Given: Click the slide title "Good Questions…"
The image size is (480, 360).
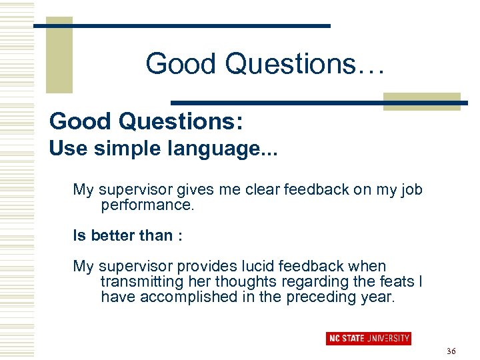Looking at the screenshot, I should [x=265, y=64].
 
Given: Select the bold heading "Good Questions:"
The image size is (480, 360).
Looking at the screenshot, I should [x=146, y=121].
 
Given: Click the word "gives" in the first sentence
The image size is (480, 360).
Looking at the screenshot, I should [x=195, y=190].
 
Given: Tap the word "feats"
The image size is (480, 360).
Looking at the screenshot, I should [x=395, y=282].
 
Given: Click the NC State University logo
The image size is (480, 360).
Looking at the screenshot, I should [x=368, y=338].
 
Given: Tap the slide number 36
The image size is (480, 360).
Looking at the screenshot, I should [x=451, y=351].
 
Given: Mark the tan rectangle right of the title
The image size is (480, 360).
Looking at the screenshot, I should [x=421, y=101].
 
